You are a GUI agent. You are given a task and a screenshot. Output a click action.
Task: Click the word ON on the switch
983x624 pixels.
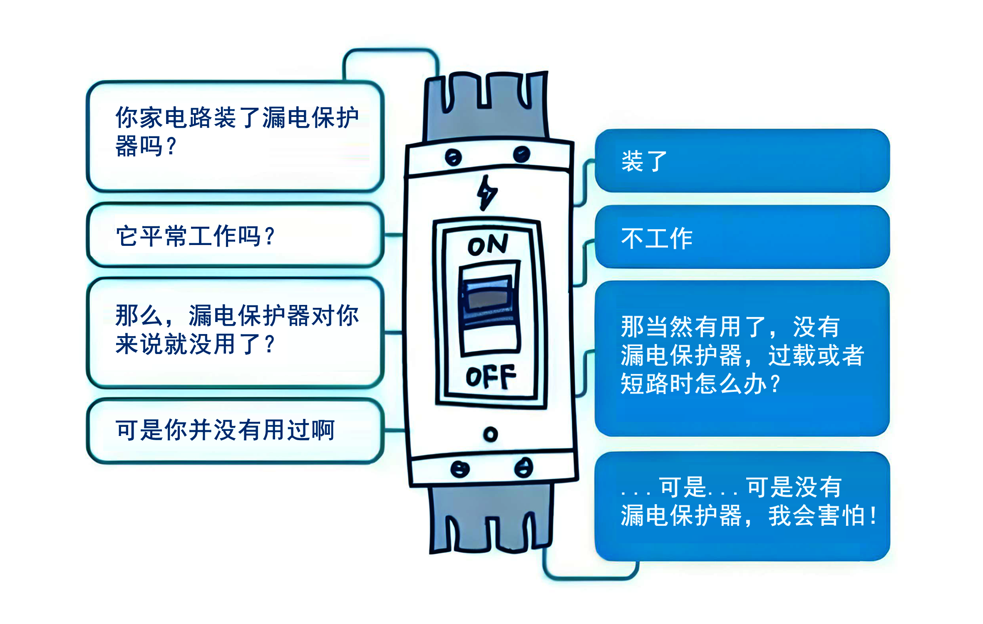pyautogui.click(x=488, y=245)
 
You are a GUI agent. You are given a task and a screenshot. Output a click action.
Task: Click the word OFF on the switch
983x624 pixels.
pyautogui.click(x=491, y=376)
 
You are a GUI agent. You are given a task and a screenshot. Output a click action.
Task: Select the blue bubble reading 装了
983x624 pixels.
pyautogui.click(x=742, y=161)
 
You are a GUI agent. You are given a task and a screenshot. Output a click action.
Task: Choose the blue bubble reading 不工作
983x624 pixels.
pyautogui.click(x=742, y=237)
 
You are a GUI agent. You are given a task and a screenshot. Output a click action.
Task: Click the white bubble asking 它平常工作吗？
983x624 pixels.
pyautogui.click(x=235, y=235)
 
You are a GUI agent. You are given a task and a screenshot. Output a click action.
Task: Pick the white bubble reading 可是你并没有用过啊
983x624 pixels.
pyautogui.click(x=235, y=430)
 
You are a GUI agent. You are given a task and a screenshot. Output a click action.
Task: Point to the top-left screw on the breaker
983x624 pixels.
pyautogui.click(x=453, y=158)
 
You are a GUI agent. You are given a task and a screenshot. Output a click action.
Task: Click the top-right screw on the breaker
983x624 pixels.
pyautogui.click(x=521, y=155)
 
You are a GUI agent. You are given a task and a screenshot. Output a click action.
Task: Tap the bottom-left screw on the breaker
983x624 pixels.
pyautogui.click(x=460, y=470)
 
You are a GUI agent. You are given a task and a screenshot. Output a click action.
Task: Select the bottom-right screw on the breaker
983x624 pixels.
pyautogui.click(x=524, y=468)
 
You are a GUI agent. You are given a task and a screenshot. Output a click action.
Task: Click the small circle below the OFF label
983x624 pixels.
pyautogui.click(x=491, y=435)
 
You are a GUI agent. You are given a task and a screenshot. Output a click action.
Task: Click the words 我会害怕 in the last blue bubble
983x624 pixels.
pyautogui.click(x=817, y=516)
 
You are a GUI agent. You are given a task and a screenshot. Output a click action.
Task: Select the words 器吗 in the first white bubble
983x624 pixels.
pyautogui.click(x=139, y=146)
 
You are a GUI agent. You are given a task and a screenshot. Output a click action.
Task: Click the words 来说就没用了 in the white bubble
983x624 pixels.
pyautogui.click(x=188, y=344)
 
